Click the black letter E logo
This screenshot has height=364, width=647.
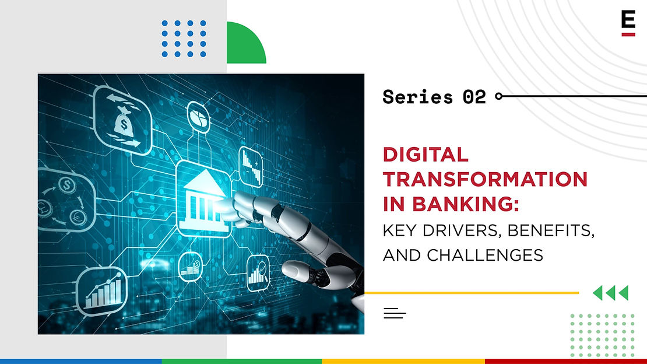pos(628,19)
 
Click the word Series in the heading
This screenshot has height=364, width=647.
pos(417,97)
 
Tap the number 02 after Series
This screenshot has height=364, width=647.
pos(474,97)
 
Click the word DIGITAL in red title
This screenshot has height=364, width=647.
pos(426,155)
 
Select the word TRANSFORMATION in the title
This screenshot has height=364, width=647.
pos(485,179)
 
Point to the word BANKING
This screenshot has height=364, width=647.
pos(466,204)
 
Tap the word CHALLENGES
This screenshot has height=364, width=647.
pos(485,256)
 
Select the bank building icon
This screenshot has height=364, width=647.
pos(205,201)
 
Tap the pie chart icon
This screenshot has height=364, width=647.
pos(199,117)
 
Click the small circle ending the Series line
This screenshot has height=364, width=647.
pos(499,96)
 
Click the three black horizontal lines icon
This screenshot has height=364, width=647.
pos(395,313)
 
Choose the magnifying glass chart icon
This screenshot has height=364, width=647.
pos(258,273)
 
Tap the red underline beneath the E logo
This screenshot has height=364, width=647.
pos(628,34)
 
